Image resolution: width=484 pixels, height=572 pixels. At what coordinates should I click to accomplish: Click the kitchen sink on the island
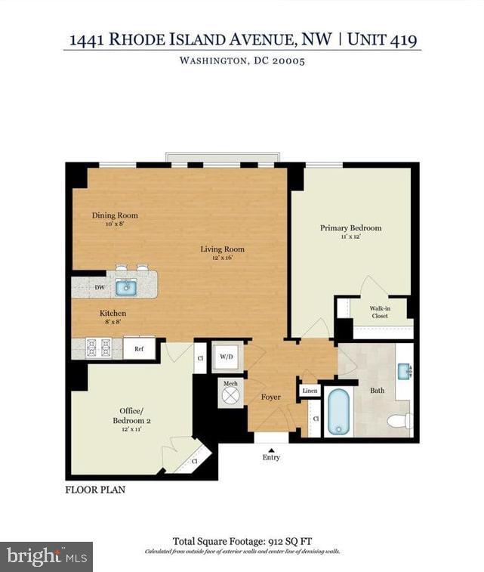pos(125,287)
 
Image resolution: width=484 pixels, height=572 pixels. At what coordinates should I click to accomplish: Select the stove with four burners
pos(99,347)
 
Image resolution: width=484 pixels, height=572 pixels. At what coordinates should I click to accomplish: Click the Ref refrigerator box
pos(139,348)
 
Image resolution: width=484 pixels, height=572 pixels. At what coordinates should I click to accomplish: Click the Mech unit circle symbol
pos(230,394)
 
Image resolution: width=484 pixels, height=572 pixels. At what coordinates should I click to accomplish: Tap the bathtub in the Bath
pos(338,413)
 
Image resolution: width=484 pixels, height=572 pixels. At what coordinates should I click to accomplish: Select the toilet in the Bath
pos(399,421)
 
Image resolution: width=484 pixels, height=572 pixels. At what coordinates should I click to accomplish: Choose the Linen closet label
pos(310,391)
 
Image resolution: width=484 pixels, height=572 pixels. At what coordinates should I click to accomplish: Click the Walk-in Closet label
pos(379,312)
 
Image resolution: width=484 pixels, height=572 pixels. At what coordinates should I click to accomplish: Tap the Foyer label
pos(271,397)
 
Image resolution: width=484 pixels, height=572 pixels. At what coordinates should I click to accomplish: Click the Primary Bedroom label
pos(350,227)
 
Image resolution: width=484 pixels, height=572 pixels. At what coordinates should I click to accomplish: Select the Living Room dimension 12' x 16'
pos(222,258)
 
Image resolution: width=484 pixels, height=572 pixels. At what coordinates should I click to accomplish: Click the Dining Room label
pos(115,215)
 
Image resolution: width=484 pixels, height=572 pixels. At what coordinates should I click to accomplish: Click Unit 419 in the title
pos(384,39)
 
